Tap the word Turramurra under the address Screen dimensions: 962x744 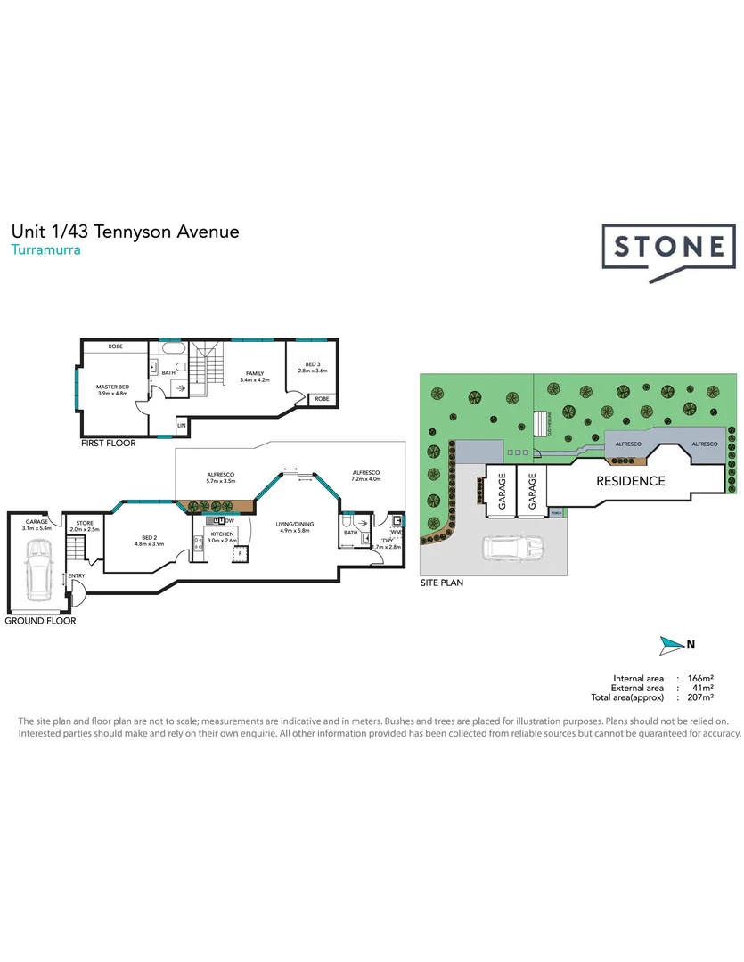(x=45, y=250)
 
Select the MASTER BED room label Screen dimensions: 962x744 (x=112, y=387)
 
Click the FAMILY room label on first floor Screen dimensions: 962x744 (x=255, y=374)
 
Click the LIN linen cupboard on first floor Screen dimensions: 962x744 (x=182, y=427)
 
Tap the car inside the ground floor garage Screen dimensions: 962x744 (x=37, y=569)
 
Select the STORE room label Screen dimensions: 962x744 (x=85, y=523)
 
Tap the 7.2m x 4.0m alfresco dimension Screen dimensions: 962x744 (x=366, y=479)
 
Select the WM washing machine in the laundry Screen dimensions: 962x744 (x=395, y=532)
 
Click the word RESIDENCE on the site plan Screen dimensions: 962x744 (x=630, y=481)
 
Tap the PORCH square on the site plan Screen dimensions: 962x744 (x=557, y=513)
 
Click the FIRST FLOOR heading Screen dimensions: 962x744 (x=109, y=444)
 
